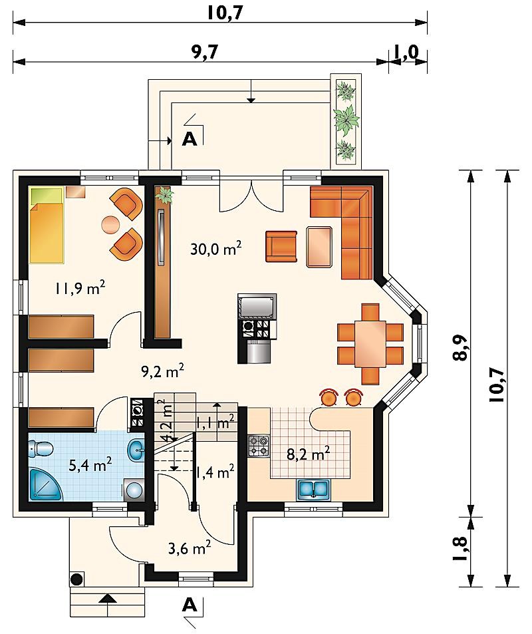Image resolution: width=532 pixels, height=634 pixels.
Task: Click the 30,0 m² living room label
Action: pyautogui.click(x=216, y=248)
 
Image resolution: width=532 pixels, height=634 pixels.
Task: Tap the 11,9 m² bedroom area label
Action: pyautogui.click(x=80, y=288)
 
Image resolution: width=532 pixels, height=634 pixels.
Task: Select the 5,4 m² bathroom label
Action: pyautogui.click(x=90, y=465)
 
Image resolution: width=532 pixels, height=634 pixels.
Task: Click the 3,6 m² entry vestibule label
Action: pyautogui.click(x=189, y=548)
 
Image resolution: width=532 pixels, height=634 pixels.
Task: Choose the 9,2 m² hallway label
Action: pyautogui.click(x=163, y=371)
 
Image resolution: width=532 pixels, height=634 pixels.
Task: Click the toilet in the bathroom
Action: pyautogui.click(x=41, y=448)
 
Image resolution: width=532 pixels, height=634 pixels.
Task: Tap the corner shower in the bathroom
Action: pyautogui.click(x=45, y=484)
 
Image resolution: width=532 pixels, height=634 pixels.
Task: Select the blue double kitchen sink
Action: pyautogui.click(x=314, y=489)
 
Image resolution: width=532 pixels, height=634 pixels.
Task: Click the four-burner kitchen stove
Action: pyautogui.click(x=259, y=446)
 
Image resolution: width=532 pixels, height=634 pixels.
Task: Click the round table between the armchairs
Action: pyautogui.click(x=110, y=224)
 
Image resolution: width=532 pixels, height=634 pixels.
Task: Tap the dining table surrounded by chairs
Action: pyautogui.click(x=370, y=344)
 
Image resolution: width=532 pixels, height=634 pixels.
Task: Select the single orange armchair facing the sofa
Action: pyautogui.click(x=281, y=246)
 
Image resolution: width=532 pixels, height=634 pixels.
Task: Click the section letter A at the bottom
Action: pyautogui.click(x=190, y=605)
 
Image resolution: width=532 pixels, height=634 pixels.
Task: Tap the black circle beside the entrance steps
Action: pyautogui.click(x=77, y=579)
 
